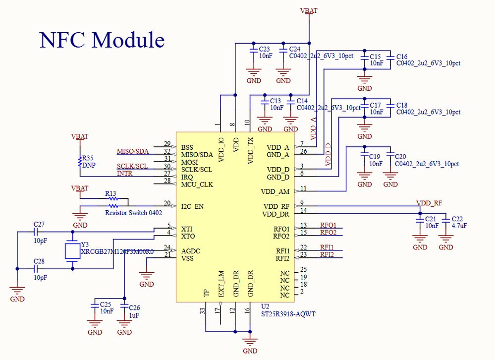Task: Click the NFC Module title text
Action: tap(102, 40)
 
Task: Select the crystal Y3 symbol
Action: tap(73, 251)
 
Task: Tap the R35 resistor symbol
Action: tap(79, 161)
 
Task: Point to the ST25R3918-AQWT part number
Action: tap(288, 314)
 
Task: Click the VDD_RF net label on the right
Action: tap(429, 203)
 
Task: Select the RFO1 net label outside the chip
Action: tap(328, 225)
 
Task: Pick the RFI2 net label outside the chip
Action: tap(327, 254)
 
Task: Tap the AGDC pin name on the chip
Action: tap(191, 251)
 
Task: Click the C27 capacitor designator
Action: tap(39, 225)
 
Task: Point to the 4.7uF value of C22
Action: tap(459, 226)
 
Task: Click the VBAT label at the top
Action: tap(309, 10)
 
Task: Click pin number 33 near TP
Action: tap(202, 310)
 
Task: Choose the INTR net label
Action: tap(124, 173)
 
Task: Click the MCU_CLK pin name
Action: tap(197, 184)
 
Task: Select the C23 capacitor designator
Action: tap(265, 49)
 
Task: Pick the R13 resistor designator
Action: tap(110, 193)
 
